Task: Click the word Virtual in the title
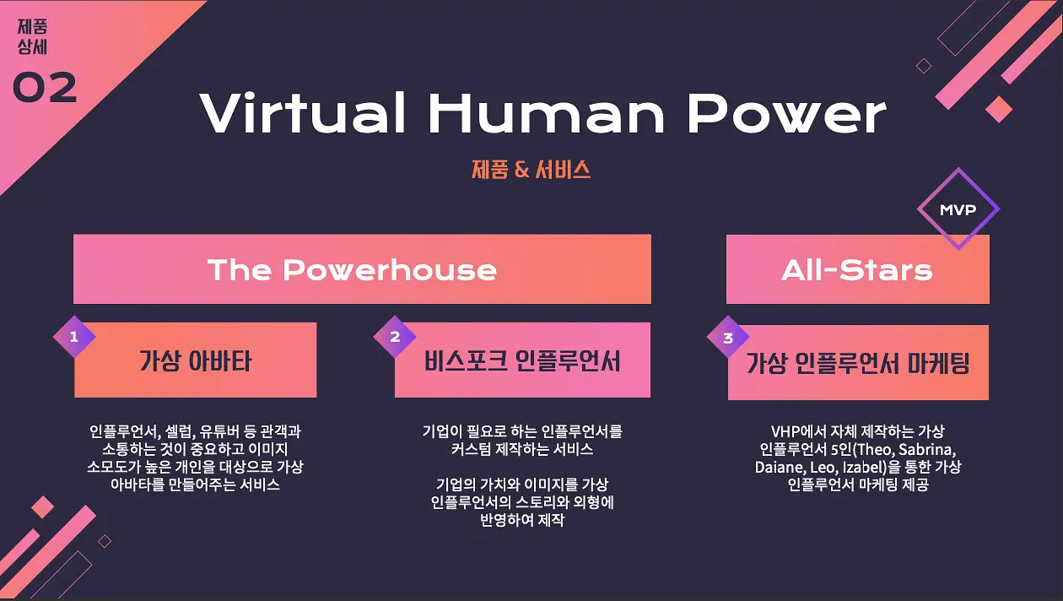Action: pos(303,112)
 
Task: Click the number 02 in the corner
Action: pos(45,87)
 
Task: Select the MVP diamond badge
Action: pos(958,208)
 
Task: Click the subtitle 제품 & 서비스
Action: pos(531,170)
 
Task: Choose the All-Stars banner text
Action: pos(857,270)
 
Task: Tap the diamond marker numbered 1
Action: pos(74,337)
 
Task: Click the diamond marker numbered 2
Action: pos(395,337)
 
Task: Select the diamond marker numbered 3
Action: pos(728,338)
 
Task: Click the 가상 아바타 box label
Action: pos(195,360)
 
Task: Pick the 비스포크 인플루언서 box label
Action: pos(522,360)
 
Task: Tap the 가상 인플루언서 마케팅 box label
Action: pos(858,363)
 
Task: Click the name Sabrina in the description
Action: pos(925,450)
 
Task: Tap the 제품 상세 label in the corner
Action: pos(32,36)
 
